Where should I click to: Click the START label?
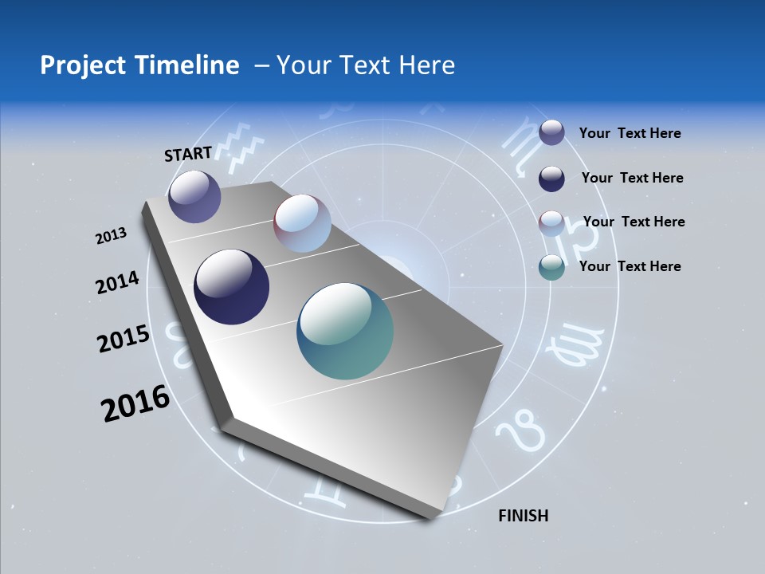point(188,154)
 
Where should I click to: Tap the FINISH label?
point(523,516)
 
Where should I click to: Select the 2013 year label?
point(112,235)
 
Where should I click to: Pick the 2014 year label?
point(118,283)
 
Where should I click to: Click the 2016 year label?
point(135,403)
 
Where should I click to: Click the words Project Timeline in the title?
point(139,65)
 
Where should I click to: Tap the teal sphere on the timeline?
point(345,331)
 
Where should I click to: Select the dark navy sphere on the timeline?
point(231,287)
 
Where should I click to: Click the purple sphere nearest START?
point(194,196)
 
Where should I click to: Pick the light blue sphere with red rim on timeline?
point(302,223)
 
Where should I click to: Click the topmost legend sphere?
point(551,132)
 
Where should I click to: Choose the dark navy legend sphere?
point(551,179)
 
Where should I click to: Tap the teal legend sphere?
point(551,267)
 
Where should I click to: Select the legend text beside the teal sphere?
point(630,266)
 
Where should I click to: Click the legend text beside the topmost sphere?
point(630,133)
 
